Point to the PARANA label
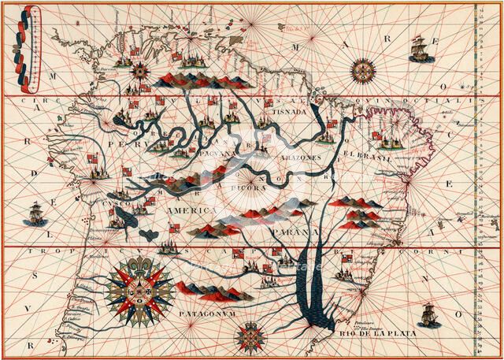(291, 232)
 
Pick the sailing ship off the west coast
(35, 212)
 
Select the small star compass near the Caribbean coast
(141, 70)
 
